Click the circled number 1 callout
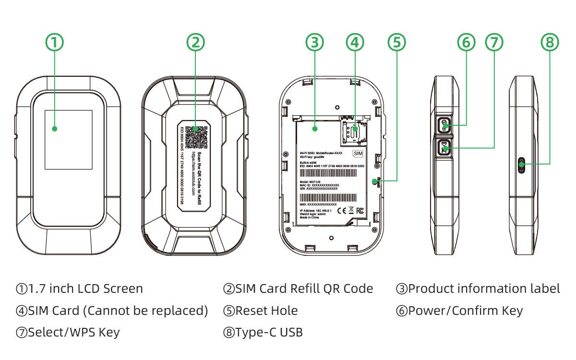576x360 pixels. [54, 42]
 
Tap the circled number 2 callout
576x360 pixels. [195, 42]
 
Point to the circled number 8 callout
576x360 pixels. [550, 42]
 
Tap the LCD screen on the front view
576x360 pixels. [68, 139]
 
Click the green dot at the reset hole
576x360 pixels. [375, 181]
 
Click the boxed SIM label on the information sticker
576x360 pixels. [358, 153]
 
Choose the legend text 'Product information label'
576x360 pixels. [484, 289]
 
